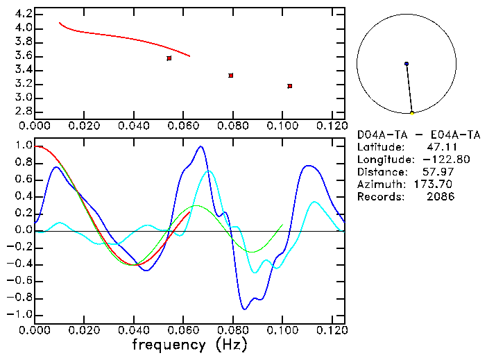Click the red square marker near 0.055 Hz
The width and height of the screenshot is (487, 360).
pyautogui.click(x=169, y=58)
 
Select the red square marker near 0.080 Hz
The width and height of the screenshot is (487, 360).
pyautogui.click(x=231, y=76)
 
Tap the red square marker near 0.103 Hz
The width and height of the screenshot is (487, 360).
pyautogui.click(x=289, y=86)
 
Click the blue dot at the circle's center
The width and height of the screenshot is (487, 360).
pyautogui.click(x=407, y=64)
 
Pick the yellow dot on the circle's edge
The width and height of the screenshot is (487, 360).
pyautogui.click(x=412, y=112)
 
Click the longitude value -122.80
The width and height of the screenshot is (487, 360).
pyautogui.click(x=434, y=160)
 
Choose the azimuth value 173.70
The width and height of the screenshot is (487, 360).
pyautogui.click(x=438, y=185)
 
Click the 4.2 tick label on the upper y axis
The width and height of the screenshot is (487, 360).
pyautogui.click(x=22, y=14)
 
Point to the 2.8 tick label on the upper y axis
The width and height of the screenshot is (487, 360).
pyautogui.click(x=22, y=112)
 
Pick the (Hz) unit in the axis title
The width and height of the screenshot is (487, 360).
pyautogui.click(x=229, y=345)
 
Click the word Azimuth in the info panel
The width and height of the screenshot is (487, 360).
pyautogui.click(x=379, y=185)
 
